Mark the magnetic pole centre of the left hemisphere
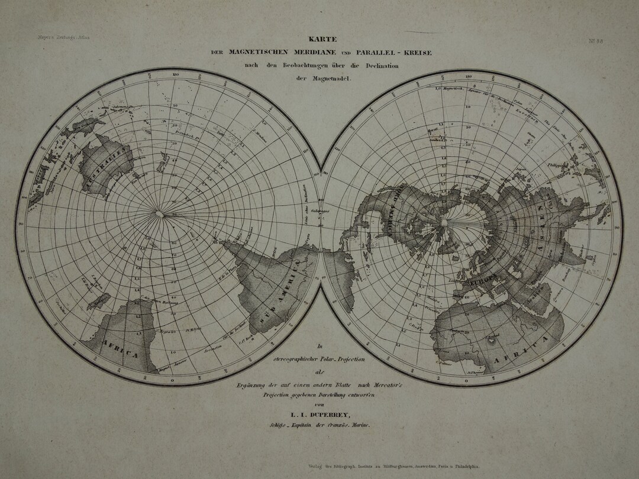(x=159, y=213)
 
